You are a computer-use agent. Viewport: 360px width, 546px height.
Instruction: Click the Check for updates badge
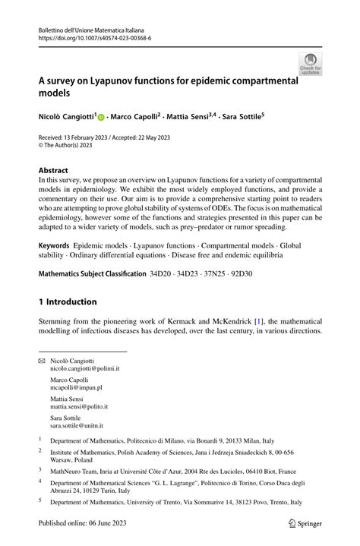click(310, 64)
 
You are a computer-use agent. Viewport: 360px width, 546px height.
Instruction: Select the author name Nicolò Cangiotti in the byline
click(66, 118)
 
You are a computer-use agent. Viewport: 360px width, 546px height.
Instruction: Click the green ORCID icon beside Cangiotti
click(101, 118)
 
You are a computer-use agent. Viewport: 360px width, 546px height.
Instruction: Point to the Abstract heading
click(53, 170)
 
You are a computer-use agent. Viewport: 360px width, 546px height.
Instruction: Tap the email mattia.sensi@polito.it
click(79, 406)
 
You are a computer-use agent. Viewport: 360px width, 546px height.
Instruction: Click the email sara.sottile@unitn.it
click(77, 426)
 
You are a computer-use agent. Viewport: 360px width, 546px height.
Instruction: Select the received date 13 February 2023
click(96, 138)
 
